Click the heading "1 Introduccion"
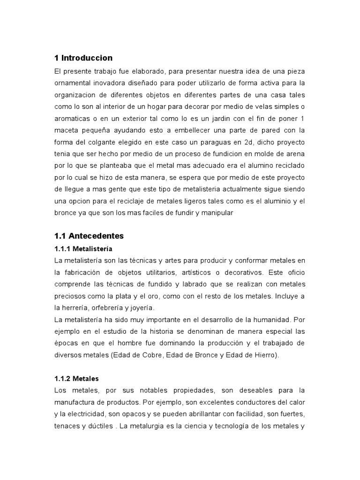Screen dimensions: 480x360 84,58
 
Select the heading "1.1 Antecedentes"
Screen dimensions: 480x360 89,236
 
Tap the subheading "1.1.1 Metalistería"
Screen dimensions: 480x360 84,248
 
